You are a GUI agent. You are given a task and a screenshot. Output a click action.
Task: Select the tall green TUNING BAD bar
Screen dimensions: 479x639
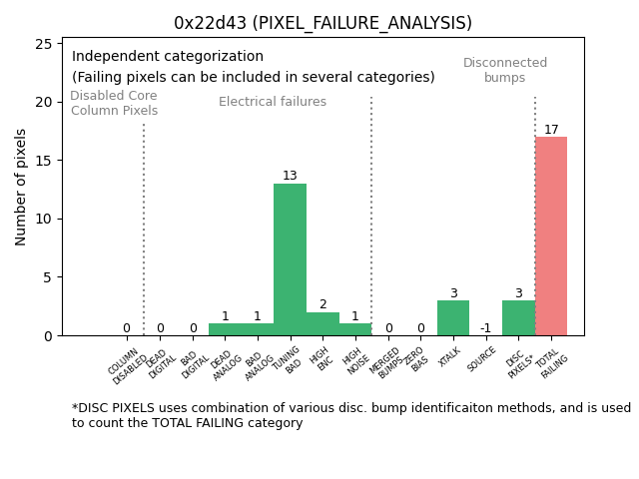pos(290,259)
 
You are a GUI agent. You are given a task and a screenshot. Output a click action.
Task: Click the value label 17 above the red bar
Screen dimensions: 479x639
pos(551,130)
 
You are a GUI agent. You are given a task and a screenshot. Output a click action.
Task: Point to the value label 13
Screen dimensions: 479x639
pos(290,176)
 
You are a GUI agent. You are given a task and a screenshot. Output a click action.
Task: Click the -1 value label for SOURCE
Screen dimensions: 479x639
pos(485,328)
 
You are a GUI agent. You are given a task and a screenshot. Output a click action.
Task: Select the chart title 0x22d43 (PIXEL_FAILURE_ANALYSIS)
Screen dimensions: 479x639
pos(322,23)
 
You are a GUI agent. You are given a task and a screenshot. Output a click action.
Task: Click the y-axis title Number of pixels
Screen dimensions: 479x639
pos(21,187)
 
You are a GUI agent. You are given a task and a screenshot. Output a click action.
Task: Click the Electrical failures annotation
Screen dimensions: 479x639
pos(273,102)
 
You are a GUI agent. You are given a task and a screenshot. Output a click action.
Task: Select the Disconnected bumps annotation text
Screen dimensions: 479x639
pos(505,70)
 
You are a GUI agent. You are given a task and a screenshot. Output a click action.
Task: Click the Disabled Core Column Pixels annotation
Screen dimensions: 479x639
pos(114,103)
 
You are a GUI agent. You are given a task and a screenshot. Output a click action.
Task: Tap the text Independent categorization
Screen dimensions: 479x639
pos(168,57)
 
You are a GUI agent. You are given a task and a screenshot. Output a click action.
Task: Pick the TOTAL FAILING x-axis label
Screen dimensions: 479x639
pos(551,365)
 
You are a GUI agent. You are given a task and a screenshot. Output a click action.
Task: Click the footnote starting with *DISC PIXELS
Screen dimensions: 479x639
pos(350,415)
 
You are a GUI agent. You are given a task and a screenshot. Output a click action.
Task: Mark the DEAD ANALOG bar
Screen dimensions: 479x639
pos(225,329)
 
